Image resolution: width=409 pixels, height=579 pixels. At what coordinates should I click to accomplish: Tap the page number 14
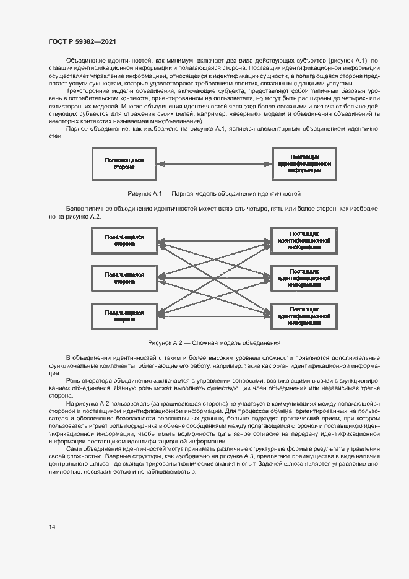click(52, 526)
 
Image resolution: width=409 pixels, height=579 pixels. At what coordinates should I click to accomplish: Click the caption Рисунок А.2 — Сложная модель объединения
click(213, 342)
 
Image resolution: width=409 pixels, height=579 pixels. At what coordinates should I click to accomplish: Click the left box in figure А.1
click(124, 164)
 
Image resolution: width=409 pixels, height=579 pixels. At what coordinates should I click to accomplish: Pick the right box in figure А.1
click(304, 164)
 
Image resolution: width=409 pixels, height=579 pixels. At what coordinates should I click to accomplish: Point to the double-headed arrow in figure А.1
click(213, 164)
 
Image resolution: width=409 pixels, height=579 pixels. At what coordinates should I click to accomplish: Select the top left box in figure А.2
click(124, 240)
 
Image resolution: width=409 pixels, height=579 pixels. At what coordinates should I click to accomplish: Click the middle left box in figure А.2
click(124, 277)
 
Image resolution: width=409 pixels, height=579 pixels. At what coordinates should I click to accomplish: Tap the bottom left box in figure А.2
click(124, 316)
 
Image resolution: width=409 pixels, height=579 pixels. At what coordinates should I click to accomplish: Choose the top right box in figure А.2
click(304, 240)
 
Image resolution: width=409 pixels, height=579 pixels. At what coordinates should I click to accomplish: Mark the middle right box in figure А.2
click(304, 277)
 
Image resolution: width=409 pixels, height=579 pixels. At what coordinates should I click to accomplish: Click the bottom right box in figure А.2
click(304, 316)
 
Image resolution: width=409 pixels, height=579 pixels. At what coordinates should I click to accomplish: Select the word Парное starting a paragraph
click(76, 129)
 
